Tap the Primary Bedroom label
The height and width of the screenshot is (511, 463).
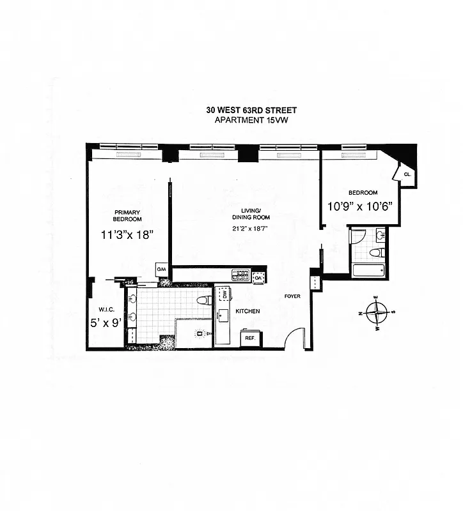pyautogui.click(x=127, y=215)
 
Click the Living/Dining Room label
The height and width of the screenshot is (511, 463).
pyautogui.click(x=247, y=214)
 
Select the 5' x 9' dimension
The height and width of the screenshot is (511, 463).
pyautogui.click(x=106, y=323)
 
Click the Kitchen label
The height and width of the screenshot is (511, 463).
pyautogui.click(x=247, y=311)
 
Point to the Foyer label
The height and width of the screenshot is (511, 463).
pyautogui.click(x=293, y=296)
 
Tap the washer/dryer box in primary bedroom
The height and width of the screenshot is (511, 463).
pyautogui.click(x=162, y=271)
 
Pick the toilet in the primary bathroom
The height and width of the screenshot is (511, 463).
pyautogui.click(x=203, y=300)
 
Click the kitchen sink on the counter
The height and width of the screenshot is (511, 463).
pyautogui.click(x=224, y=315)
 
